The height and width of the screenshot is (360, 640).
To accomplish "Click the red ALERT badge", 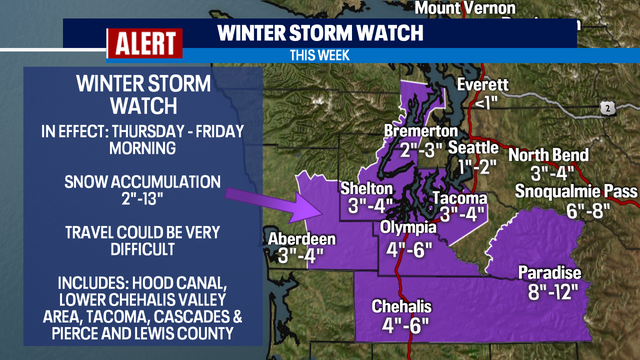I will click(x=144, y=43).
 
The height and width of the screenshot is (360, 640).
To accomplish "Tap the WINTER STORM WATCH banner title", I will click(x=319, y=33).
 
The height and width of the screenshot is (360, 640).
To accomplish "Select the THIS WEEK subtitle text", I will click(x=319, y=55).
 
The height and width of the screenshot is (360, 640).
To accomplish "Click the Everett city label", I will click(x=484, y=85).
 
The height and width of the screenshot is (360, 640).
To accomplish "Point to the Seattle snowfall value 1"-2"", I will click(x=478, y=166).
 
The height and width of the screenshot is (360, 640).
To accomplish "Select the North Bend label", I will click(x=548, y=155).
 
